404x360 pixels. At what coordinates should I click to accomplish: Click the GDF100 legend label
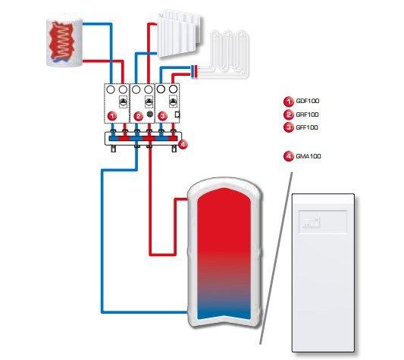point(308,101)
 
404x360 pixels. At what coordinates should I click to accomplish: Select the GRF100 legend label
point(307,114)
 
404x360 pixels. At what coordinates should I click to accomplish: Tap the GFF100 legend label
point(307,127)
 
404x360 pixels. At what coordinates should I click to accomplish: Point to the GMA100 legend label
point(308,156)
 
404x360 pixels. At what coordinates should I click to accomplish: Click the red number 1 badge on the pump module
point(112,116)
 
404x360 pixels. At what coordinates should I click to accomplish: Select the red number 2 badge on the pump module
point(139,116)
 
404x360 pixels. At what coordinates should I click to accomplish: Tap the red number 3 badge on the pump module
point(162,116)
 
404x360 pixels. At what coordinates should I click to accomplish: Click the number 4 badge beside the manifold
point(183,144)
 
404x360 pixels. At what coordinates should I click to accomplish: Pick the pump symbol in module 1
point(124,102)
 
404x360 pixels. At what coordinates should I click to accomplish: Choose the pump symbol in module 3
point(173,102)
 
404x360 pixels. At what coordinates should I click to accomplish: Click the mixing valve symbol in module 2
point(150,114)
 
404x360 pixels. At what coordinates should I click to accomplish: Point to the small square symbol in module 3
point(177,114)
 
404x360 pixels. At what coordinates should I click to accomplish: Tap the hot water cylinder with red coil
point(64,42)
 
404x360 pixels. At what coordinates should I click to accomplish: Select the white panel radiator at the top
point(180,33)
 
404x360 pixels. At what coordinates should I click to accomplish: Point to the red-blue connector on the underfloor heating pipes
point(194,72)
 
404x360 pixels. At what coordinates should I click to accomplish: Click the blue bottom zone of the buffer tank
point(224,311)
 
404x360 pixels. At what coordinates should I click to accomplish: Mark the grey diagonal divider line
point(276,258)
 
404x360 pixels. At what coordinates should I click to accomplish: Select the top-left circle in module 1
point(111,89)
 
